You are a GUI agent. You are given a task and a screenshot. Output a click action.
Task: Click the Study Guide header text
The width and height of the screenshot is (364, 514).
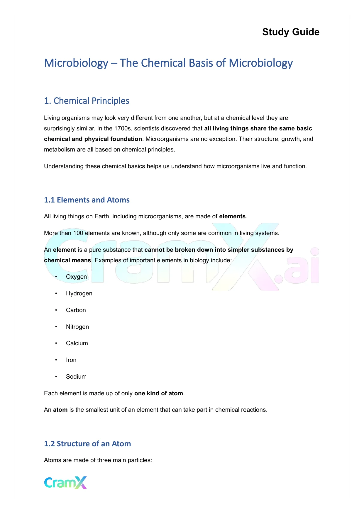(291, 32)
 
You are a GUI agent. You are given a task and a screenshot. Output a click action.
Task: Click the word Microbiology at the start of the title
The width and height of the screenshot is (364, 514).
(76, 63)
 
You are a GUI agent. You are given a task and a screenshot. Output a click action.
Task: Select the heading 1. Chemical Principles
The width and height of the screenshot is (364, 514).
(87, 101)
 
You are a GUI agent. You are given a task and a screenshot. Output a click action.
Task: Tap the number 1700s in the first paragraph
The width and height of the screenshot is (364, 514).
(123, 128)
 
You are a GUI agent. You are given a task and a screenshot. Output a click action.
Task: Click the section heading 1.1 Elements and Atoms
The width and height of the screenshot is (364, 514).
(87, 200)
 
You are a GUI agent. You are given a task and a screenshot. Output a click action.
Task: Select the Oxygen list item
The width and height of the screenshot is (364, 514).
(76, 277)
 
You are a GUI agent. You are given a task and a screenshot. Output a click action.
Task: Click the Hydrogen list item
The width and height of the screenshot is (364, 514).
(79, 293)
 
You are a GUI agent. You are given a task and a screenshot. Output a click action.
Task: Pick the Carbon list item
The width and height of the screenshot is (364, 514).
(76, 310)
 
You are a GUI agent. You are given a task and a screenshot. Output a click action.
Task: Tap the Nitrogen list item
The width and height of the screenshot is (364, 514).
(77, 327)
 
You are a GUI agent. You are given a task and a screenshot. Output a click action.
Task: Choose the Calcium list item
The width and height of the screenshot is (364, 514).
(77, 343)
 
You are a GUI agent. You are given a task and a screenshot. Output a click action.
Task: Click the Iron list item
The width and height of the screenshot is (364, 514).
(71, 360)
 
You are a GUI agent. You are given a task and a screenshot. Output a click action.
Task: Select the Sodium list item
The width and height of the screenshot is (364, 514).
(76, 377)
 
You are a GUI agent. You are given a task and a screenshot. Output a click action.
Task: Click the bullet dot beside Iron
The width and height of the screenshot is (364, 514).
(56, 360)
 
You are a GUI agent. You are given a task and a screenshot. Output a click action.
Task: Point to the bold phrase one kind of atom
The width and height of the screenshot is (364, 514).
(158, 393)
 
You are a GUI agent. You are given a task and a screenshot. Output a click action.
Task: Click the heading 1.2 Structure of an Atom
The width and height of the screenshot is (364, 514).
(87, 444)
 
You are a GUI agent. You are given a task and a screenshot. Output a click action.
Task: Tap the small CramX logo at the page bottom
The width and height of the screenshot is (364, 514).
(65, 482)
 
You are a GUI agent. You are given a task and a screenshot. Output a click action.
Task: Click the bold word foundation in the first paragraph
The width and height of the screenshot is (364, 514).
(126, 139)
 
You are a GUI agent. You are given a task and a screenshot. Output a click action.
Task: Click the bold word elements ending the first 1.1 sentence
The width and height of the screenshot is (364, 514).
(232, 216)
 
